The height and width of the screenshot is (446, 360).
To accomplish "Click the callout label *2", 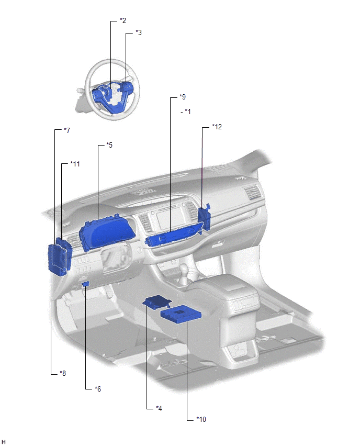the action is point(123,20).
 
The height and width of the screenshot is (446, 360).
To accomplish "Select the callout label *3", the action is point(139,32).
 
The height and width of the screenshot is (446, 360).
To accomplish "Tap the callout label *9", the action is point(183,97).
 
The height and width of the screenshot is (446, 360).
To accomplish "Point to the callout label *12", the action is point(217,127).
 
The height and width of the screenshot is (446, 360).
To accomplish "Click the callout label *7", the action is point(67,130).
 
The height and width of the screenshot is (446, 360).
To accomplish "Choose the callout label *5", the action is point(109,145).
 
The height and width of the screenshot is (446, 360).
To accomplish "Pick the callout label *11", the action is point(75,164).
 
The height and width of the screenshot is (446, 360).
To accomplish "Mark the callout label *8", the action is point(63,373).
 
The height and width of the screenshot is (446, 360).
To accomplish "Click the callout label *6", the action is point(98,389).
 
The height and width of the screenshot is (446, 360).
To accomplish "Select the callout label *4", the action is point(159,408).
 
